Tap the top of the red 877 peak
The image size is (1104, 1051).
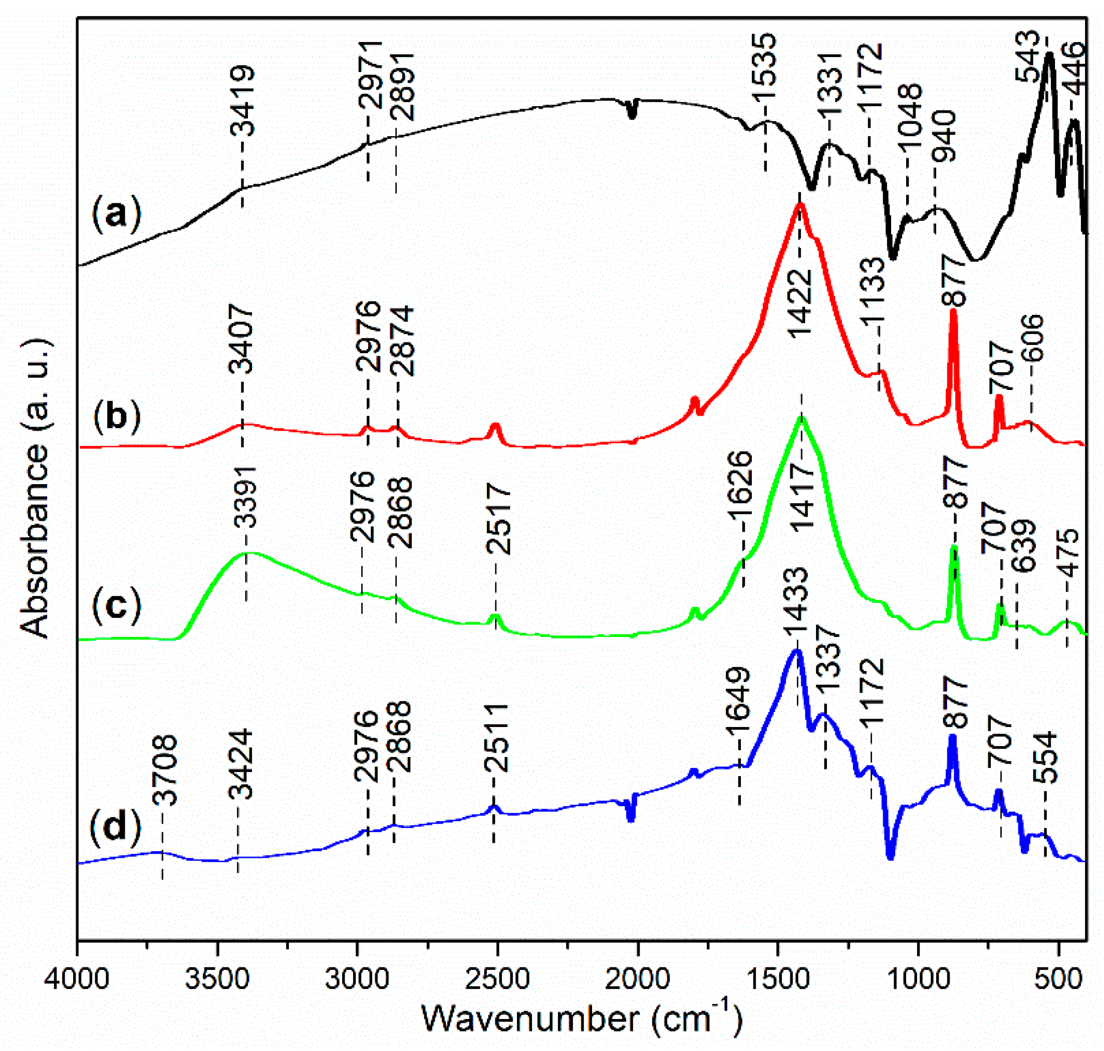point(953,312)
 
